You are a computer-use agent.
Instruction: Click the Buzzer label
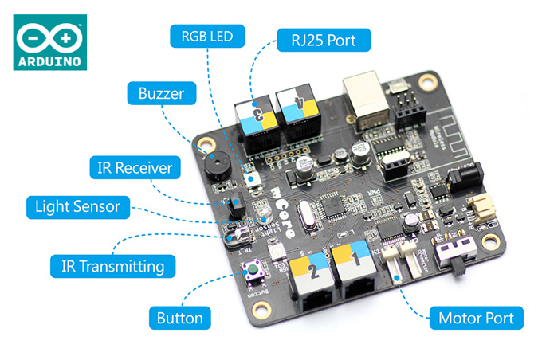pyautogui.click(x=161, y=93)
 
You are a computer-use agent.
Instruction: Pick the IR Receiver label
pyautogui.click(x=135, y=168)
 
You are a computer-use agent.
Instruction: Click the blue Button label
pyautogui.click(x=179, y=319)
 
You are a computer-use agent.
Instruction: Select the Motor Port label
pyautogui.click(x=477, y=319)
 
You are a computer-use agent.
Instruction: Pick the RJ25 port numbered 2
pyautogui.click(x=310, y=275)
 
